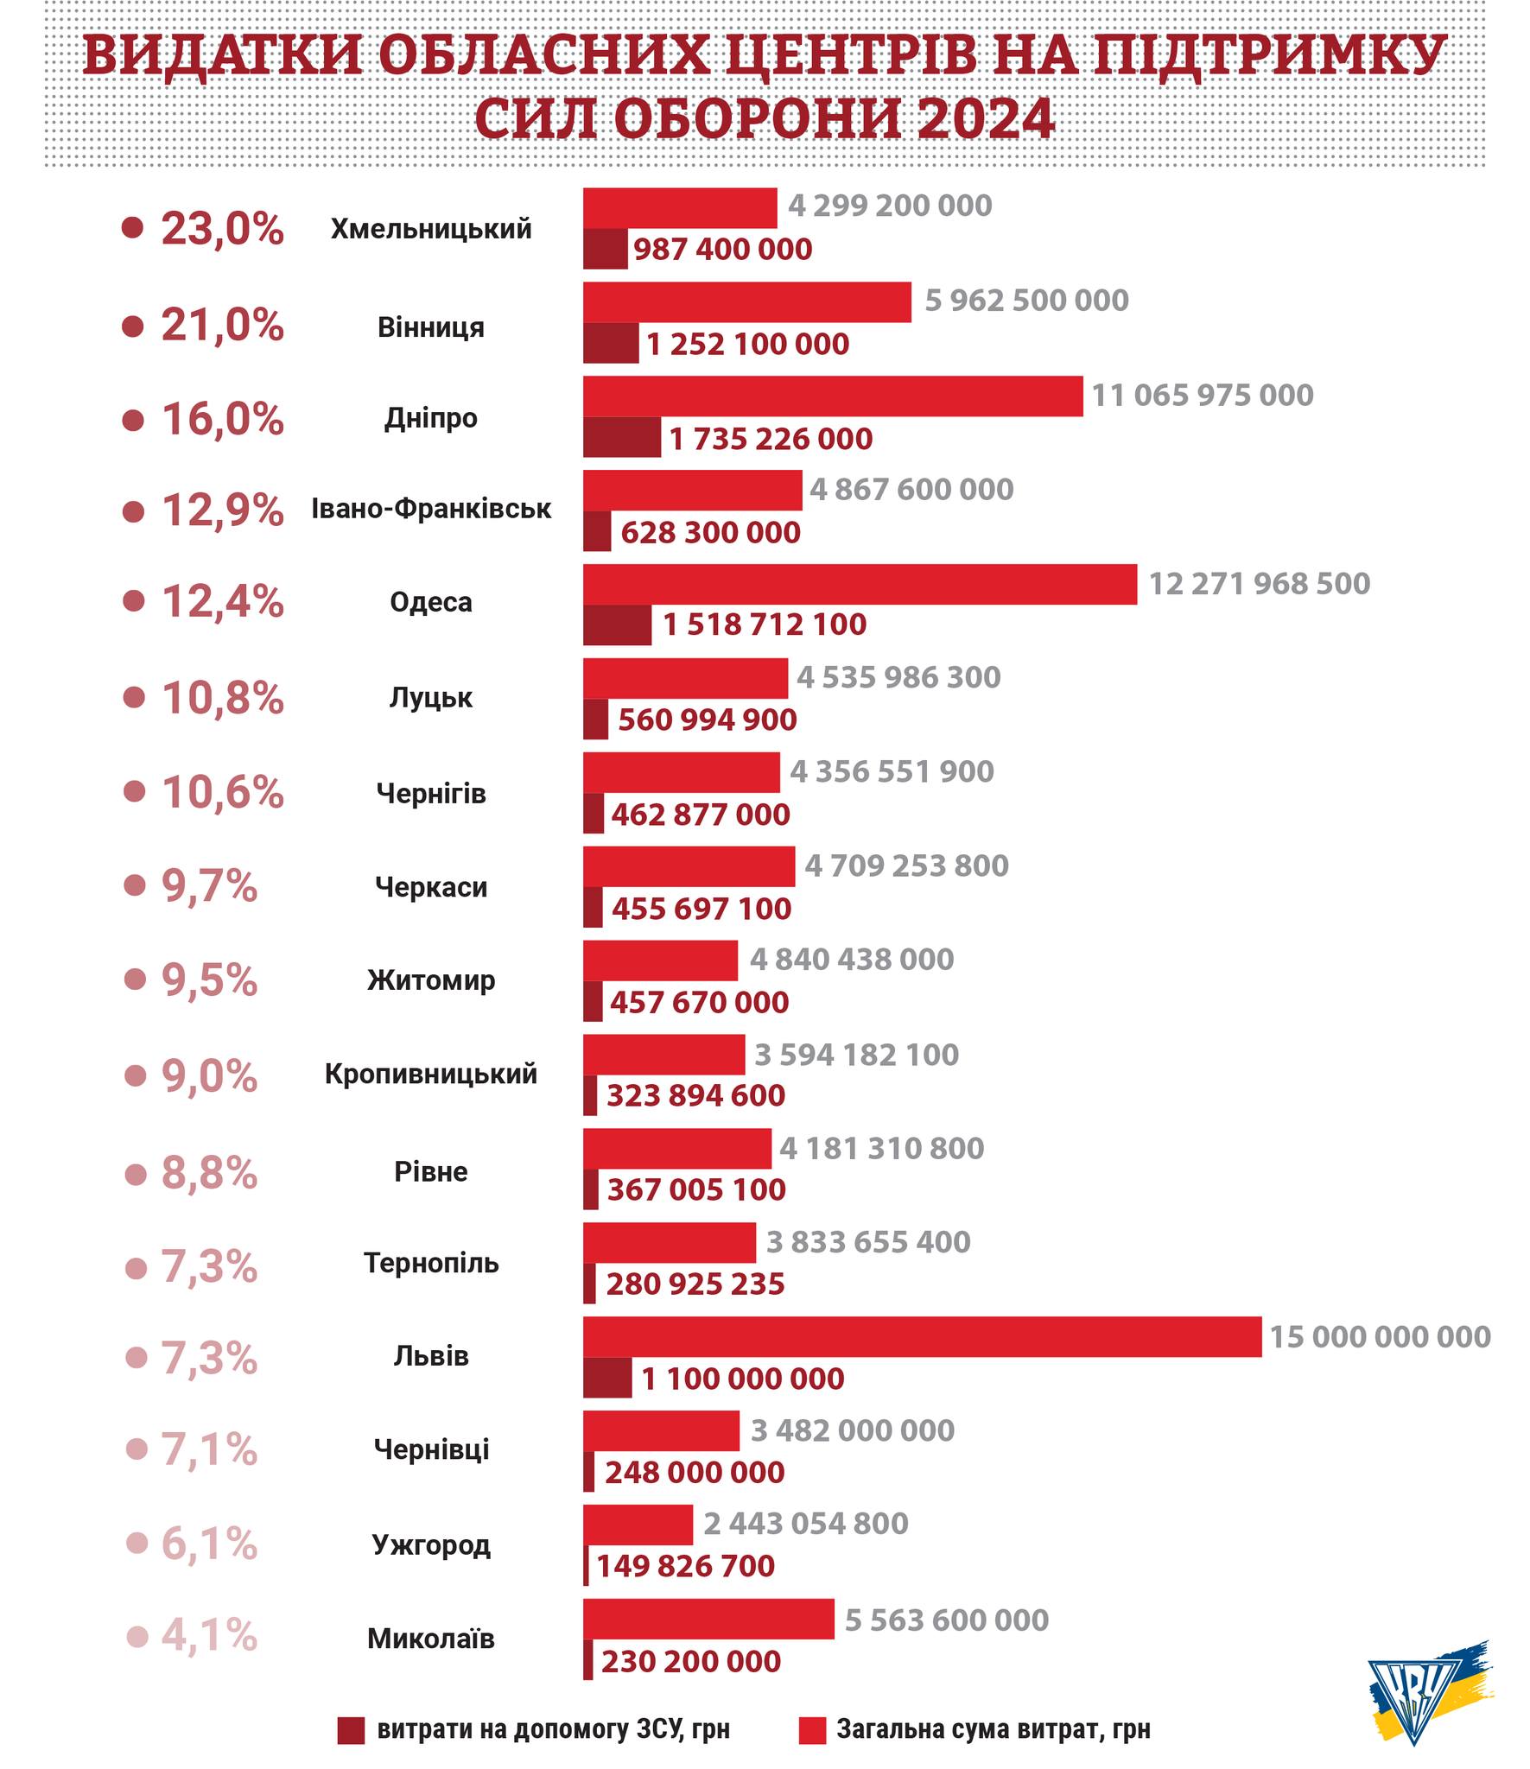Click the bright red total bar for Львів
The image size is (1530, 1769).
921,1336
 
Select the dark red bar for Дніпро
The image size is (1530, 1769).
621,437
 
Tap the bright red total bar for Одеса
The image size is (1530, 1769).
860,584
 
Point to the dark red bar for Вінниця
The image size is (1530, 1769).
611,343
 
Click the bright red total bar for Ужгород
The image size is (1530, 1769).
638,1525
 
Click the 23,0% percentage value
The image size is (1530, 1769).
222,229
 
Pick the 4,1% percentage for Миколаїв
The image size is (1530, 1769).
209,1636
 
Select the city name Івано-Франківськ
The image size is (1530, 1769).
430,508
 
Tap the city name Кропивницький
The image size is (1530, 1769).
430,1074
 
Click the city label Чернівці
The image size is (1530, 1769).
430,1449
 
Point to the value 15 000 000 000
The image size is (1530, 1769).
1380,1337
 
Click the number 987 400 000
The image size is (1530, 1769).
722,250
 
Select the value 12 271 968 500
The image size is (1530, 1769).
1259,584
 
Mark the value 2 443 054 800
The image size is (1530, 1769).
805,1524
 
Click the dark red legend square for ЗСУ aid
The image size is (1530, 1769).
351,1730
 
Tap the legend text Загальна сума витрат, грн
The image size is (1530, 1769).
993,1730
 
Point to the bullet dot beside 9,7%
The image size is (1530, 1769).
135,885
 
